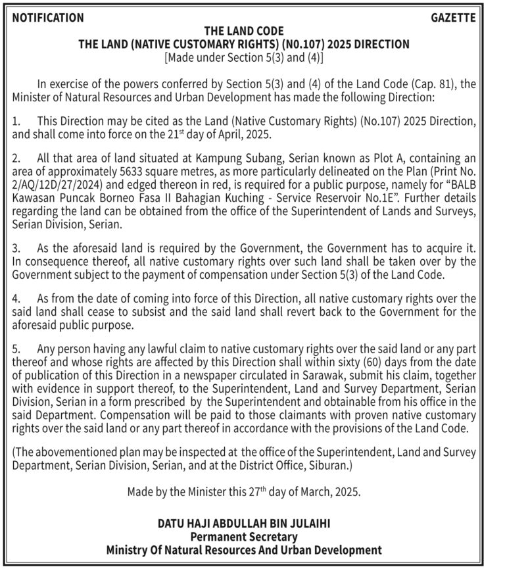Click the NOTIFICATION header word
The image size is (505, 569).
(48, 18)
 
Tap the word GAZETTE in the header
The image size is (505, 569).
(453, 18)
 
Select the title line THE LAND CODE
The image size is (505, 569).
(244, 31)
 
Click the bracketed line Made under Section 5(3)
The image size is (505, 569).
(244, 57)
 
